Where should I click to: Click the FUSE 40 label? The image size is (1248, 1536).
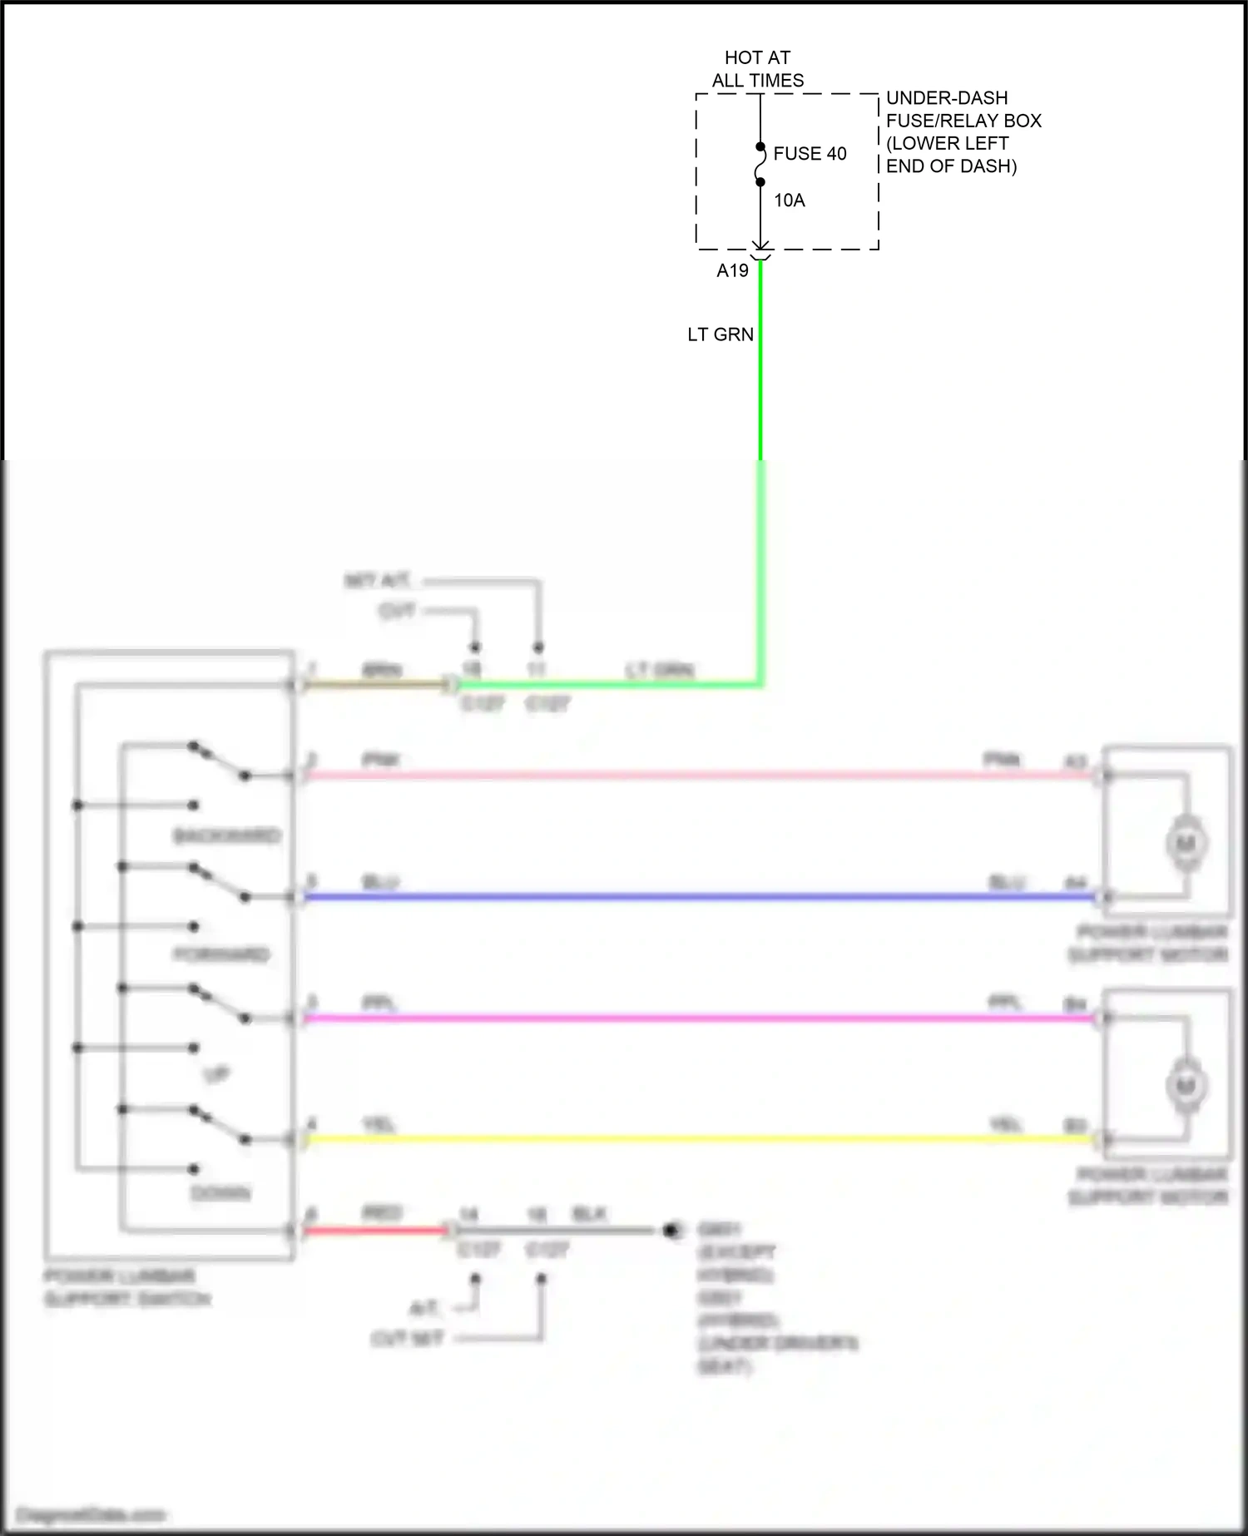coord(809,154)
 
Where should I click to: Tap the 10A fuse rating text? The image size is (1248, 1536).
coord(789,201)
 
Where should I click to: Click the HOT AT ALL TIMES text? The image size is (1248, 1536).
coord(757,69)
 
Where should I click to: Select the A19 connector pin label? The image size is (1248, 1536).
coord(732,270)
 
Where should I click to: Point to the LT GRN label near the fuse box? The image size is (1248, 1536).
coord(720,334)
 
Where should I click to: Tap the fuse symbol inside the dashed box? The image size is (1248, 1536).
coord(760,165)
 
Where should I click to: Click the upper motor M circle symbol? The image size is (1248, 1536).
coord(1186,844)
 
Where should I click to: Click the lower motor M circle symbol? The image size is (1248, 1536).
coord(1186,1086)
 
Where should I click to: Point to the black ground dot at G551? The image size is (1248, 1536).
coord(671,1230)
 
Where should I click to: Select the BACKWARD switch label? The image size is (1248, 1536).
coord(225,835)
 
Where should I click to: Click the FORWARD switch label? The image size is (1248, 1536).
coord(221,954)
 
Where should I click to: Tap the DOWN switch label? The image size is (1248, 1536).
coord(220,1193)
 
